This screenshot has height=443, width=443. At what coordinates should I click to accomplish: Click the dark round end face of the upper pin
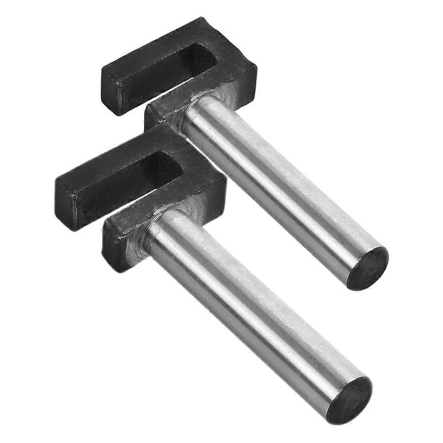(368, 268)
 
